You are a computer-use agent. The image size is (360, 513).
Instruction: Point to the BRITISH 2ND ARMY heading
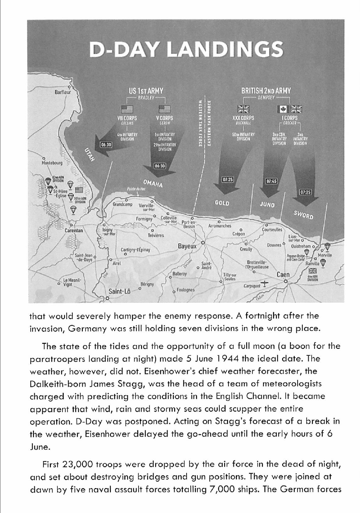266,90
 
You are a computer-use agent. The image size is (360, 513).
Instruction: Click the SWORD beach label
303,215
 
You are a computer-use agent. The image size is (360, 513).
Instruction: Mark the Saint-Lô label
120,292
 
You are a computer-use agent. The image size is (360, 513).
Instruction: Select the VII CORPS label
127,118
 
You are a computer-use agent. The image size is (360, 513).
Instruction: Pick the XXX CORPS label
243,118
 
